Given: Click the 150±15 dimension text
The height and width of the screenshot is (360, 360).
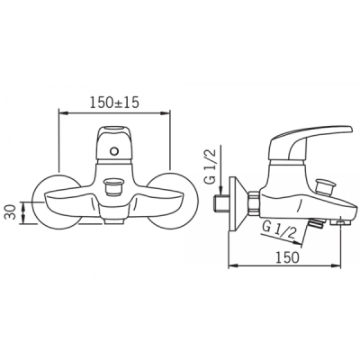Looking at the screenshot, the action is [x=114, y=103].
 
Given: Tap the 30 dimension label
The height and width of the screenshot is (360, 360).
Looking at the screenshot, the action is [x=11, y=212].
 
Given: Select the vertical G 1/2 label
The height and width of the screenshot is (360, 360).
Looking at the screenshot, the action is [x=212, y=170].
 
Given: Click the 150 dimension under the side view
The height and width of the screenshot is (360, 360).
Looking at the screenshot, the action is [x=288, y=257].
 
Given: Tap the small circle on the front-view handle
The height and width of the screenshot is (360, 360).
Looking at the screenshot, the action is [x=113, y=151].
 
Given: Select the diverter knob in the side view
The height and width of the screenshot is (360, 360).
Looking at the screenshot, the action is [x=327, y=187].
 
